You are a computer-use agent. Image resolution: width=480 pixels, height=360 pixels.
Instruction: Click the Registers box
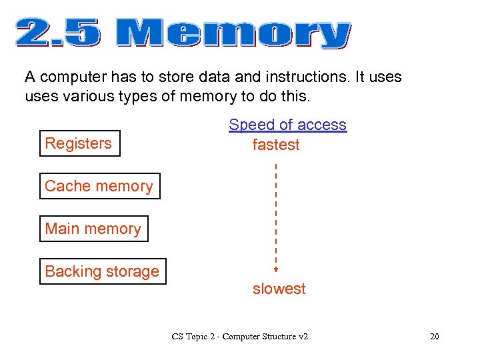(79, 143)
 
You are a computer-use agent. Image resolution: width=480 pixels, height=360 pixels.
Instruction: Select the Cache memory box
(99, 186)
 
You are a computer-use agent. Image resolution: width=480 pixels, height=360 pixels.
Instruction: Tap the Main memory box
(93, 229)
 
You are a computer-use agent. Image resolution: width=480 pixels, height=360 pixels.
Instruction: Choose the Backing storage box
(103, 271)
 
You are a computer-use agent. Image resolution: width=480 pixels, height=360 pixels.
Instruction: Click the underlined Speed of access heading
(287, 125)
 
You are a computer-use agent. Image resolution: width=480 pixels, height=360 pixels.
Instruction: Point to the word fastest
(276, 145)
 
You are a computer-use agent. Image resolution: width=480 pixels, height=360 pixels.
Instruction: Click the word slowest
(279, 289)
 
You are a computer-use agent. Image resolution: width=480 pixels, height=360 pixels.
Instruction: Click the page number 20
(435, 337)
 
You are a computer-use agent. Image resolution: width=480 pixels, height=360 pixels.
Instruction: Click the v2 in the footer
(302, 337)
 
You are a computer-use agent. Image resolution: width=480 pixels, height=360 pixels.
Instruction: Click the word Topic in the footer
(197, 337)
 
